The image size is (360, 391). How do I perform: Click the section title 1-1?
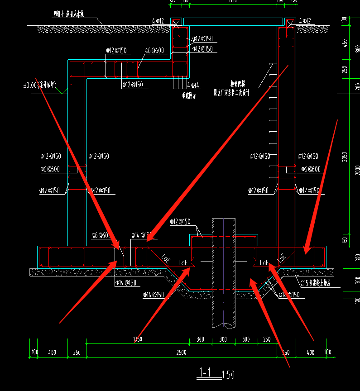point(206,372)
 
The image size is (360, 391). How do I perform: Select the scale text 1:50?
point(228,375)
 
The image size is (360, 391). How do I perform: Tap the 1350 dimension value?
point(138,339)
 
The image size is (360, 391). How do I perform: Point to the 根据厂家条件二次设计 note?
point(231,93)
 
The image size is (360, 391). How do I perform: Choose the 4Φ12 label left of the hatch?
point(158,21)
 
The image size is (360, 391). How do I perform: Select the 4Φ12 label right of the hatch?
point(305,21)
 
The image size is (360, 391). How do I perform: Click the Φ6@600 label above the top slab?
point(154,51)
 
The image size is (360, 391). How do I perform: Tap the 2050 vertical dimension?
point(345,157)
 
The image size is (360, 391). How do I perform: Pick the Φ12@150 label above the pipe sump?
point(180,222)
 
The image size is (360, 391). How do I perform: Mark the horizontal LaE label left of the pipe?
point(183,262)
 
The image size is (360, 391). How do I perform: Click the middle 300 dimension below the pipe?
point(223,339)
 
